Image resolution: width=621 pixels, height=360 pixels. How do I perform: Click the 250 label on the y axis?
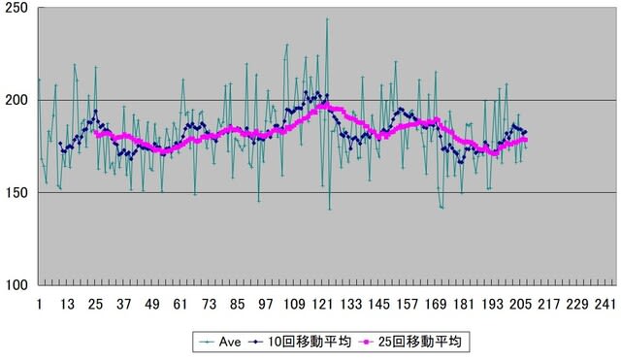pyautogui.click(x=16, y=9)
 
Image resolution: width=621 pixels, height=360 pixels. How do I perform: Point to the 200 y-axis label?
pyautogui.click(x=16, y=101)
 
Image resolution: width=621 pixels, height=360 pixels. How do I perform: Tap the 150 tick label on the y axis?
pyautogui.click(x=16, y=193)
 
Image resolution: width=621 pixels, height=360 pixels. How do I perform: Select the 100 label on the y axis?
pyautogui.click(x=16, y=285)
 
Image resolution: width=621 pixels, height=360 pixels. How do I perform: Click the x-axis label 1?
pyautogui.click(x=39, y=304)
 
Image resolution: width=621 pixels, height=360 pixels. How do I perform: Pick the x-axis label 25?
pyautogui.click(x=95, y=304)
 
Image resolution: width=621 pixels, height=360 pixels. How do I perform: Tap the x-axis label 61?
pyautogui.click(x=180, y=304)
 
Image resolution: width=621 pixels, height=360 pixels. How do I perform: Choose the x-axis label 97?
pyautogui.click(x=265, y=304)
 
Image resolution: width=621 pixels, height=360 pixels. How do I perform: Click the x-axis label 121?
pyautogui.click(x=322, y=304)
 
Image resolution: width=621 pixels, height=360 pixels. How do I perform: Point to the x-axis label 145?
pyautogui.click(x=378, y=304)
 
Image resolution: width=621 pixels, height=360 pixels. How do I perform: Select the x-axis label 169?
pyautogui.click(x=436, y=304)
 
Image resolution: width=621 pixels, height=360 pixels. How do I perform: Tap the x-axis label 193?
pyautogui.click(x=492, y=304)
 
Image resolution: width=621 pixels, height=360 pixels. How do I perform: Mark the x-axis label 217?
pyautogui.click(x=548, y=304)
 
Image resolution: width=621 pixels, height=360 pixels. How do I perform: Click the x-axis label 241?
pyautogui.click(x=605, y=304)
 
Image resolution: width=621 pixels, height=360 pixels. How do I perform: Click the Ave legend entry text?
pyautogui.click(x=230, y=342)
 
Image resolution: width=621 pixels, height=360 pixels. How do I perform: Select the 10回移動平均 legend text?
pyautogui.click(x=310, y=342)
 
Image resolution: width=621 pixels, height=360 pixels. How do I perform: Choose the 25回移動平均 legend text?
pyautogui.click(x=420, y=342)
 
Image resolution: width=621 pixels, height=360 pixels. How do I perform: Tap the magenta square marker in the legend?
pyautogui.click(x=367, y=343)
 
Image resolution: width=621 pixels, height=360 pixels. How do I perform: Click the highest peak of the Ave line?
pyautogui.click(x=327, y=18)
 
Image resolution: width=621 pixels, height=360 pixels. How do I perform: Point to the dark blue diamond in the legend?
pyautogui.click(x=257, y=343)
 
